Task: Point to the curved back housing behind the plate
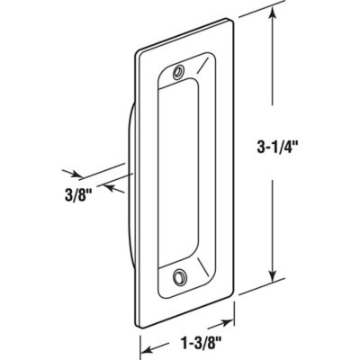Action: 130,180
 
